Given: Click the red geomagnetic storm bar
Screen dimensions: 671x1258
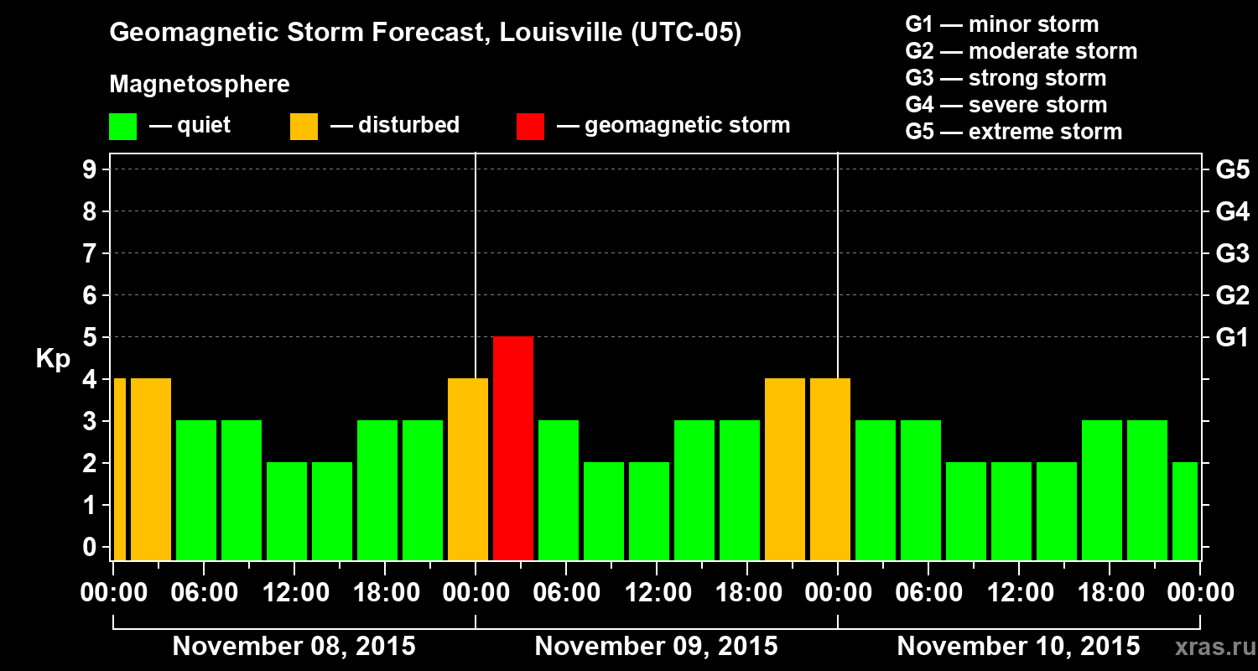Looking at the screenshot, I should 513,448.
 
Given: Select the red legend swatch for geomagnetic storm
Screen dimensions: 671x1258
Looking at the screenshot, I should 530,126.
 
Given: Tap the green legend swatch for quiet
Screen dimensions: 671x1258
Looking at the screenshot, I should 122,126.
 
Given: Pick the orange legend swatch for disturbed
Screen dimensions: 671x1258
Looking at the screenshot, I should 304,126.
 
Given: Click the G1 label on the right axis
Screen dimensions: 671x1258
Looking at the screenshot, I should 1232,337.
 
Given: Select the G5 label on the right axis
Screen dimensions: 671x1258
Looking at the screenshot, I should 1232,169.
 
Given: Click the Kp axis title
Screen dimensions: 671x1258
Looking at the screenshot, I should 53,359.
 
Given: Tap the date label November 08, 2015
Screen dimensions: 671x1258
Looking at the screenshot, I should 294,647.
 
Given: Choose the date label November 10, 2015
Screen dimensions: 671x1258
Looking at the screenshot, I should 1018,647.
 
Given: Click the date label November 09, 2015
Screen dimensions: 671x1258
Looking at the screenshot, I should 656,647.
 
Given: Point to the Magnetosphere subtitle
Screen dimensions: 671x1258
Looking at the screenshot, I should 200,85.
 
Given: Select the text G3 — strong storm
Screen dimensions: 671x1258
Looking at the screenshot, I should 1006,78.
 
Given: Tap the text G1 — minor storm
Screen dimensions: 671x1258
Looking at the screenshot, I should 1001,24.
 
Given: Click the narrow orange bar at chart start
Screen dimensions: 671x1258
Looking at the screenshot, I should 119,469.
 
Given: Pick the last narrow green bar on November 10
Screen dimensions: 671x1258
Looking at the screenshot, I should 1185,511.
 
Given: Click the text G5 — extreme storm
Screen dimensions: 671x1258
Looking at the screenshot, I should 1013,132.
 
